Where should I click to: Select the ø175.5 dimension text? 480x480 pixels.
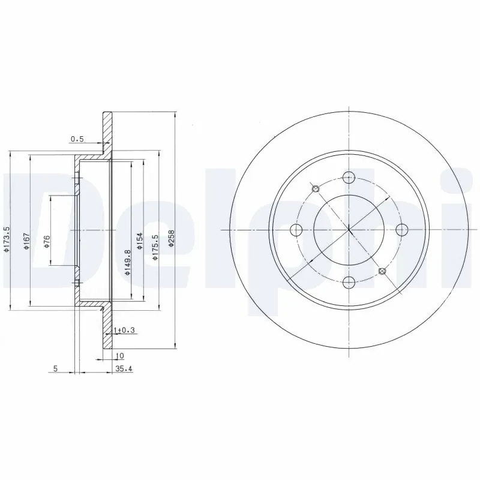click(x=155, y=247)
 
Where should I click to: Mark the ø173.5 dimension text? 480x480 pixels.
click(x=7, y=238)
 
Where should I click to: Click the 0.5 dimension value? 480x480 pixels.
click(x=77, y=139)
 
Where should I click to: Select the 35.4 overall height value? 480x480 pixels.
click(x=123, y=369)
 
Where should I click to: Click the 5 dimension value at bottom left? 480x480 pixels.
click(x=55, y=369)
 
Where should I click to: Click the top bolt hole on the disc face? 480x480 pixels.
click(x=349, y=177)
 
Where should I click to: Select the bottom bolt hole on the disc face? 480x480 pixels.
click(x=349, y=281)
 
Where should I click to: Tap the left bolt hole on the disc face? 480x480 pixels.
click(x=296, y=230)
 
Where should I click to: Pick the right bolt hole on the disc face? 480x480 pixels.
click(x=401, y=230)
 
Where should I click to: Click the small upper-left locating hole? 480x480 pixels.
click(x=317, y=190)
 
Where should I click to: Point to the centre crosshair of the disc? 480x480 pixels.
click(x=349, y=230)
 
